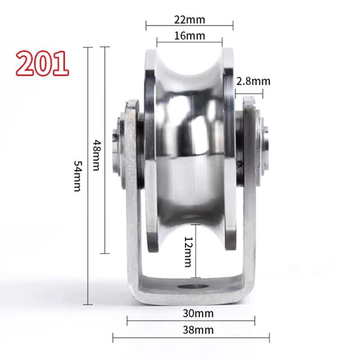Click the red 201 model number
tap(42, 63)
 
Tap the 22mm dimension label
tap(189, 19)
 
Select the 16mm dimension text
tap(189, 36)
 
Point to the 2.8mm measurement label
tap(253, 81)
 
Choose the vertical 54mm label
tap(77, 175)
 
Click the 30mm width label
tap(198, 313)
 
